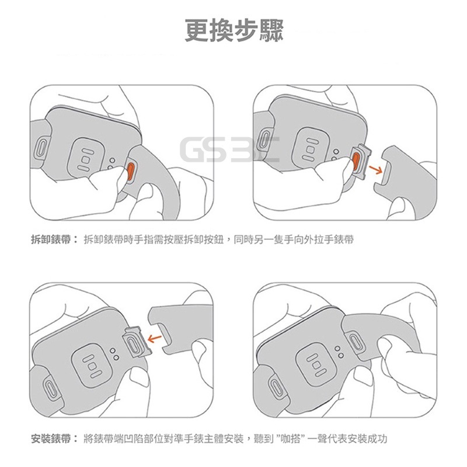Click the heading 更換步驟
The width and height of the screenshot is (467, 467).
(234, 31)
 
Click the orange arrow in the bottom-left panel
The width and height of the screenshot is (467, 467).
(155, 338)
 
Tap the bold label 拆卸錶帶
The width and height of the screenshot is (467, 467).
(51, 239)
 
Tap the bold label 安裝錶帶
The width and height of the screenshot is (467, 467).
(51, 439)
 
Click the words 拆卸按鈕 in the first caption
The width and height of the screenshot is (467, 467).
(204, 239)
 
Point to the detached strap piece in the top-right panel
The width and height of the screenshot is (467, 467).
(405, 176)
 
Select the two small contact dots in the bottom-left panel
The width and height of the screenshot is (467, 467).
(114, 354)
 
